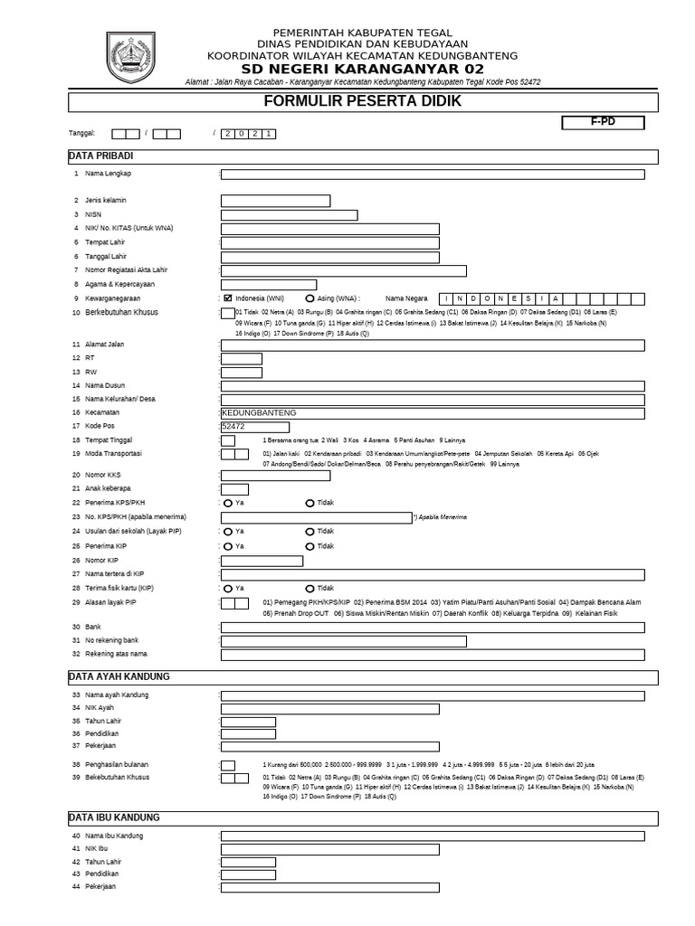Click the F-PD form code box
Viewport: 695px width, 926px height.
pyautogui.click(x=602, y=122)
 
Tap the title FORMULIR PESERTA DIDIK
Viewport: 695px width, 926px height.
pyautogui.click(x=362, y=101)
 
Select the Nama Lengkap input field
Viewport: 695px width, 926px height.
pyautogui.click(x=433, y=174)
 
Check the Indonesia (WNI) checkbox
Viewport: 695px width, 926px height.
pyautogui.click(x=228, y=298)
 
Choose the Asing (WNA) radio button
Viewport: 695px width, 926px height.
pyautogui.click(x=310, y=298)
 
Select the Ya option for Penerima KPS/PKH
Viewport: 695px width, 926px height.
pyautogui.click(x=228, y=503)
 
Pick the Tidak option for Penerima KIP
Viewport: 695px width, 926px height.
pyautogui.click(x=310, y=546)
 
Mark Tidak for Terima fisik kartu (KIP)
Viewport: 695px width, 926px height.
pyautogui.click(x=310, y=588)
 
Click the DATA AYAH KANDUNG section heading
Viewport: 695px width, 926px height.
pyautogui.click(x=119, y=676)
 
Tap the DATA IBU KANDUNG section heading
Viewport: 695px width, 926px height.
pyautogui.click(x=114, y=817)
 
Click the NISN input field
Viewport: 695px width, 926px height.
pyautogui.click(x=289, y=214)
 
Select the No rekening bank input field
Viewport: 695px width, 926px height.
pyautogui.click(x=344, y=641)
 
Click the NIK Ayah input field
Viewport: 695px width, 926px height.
pyautogui.click(x=330, y=709)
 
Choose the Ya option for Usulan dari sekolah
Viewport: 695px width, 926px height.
pyautogui.click(x=228, y=532)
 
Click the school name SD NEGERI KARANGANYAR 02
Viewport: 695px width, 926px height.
pyautogui.click(x=362, y=69)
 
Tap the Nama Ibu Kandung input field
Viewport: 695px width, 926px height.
pyautogui.click(x=433, y=836)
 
